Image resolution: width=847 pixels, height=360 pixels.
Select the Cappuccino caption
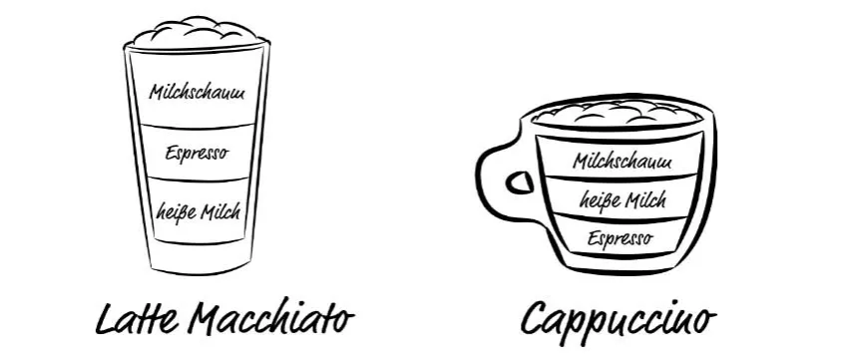(619, 320)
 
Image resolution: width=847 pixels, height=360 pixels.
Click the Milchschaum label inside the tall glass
(197, 93)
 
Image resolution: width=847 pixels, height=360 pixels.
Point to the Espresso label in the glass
(197, 154)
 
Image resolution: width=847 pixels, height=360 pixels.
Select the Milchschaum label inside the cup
(623, 160)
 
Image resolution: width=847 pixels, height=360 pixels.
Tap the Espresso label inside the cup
(620, 238)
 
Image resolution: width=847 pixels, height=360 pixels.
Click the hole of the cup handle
(519, 183)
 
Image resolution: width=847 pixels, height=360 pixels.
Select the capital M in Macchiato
(205, 319)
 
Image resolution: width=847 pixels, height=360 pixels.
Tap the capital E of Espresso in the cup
(593, 239)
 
